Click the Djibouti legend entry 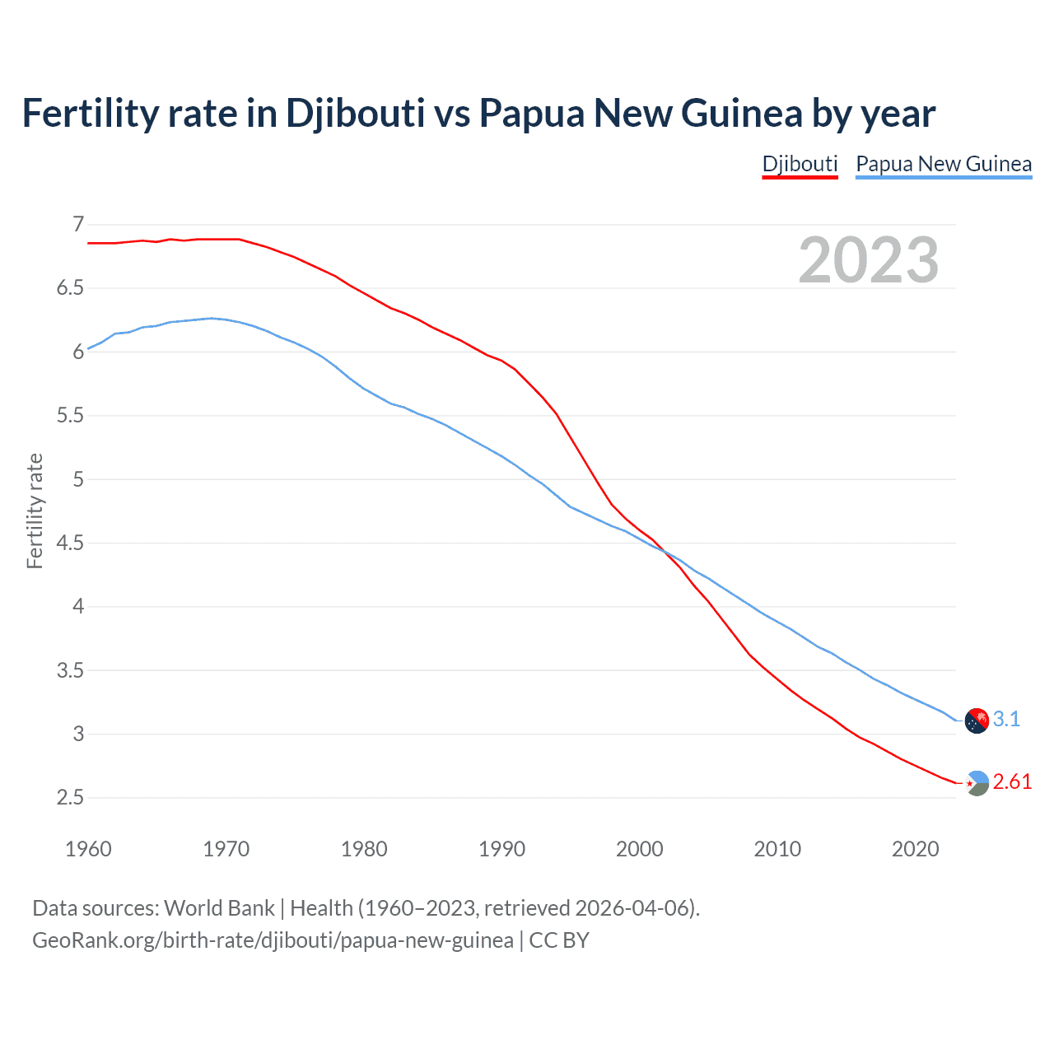[800, 164]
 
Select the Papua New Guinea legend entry [944, 164]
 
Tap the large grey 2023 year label [868, 260]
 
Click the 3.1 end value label [1006, 719]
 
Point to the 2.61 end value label [1012, 781]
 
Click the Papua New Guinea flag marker [977, 721]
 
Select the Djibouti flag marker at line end [977, 783]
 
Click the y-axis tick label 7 [78, 224]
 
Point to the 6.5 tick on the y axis [70, 288]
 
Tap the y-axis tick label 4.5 [70, 543]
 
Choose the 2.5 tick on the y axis [70, 797]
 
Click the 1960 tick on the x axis [88, 849]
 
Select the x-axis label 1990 [501, 849]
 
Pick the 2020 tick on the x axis [915, 849]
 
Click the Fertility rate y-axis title [35, 511]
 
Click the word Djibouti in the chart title [355, 113]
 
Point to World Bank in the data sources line [219, 908]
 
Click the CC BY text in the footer [559, 940]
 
